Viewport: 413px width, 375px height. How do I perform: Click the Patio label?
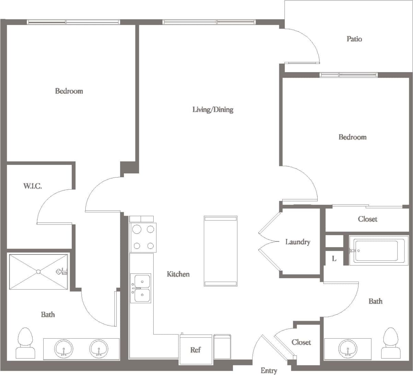pos(354,39)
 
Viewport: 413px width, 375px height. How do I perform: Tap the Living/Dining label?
pos(213,110)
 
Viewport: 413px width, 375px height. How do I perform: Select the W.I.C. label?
pos(33,186)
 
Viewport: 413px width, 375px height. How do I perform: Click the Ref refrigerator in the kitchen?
pos(196,350)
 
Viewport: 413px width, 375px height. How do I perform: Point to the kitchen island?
pos(220,251)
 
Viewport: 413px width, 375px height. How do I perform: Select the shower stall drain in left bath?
pos(38,272)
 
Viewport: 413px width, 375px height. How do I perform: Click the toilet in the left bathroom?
pos(25,343)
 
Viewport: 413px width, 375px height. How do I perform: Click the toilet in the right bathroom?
pos(390,343)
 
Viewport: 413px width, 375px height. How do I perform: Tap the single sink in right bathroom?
pos(347,349)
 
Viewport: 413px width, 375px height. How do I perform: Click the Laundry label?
pos(298,242)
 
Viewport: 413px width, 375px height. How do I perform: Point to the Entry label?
pos(269,371)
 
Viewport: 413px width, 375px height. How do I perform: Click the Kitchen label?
pos(178,274)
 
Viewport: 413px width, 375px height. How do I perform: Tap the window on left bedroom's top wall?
pos(73,22)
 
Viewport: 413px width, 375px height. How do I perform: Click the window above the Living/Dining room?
pos(209,22)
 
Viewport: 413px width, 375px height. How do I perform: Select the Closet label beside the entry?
pos(301,342)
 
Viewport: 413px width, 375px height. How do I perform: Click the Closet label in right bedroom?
pos(367,219)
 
